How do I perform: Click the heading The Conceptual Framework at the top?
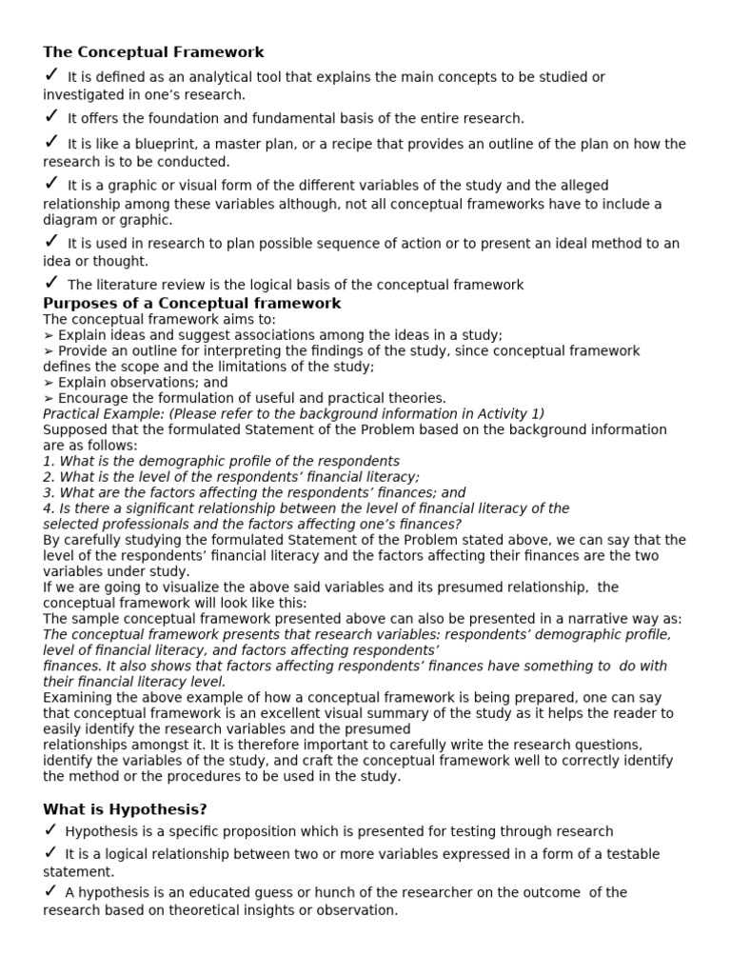coord(153,52)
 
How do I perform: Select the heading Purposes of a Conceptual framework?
coord(191,304)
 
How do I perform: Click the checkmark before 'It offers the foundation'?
coord(51,116)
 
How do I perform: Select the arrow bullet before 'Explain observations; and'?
coord(49,383)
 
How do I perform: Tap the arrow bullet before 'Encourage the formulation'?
coord(49,398)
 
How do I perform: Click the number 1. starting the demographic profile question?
coord(49,461)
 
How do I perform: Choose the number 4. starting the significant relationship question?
coord(49,508)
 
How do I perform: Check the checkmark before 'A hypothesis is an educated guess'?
coord(51,891)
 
